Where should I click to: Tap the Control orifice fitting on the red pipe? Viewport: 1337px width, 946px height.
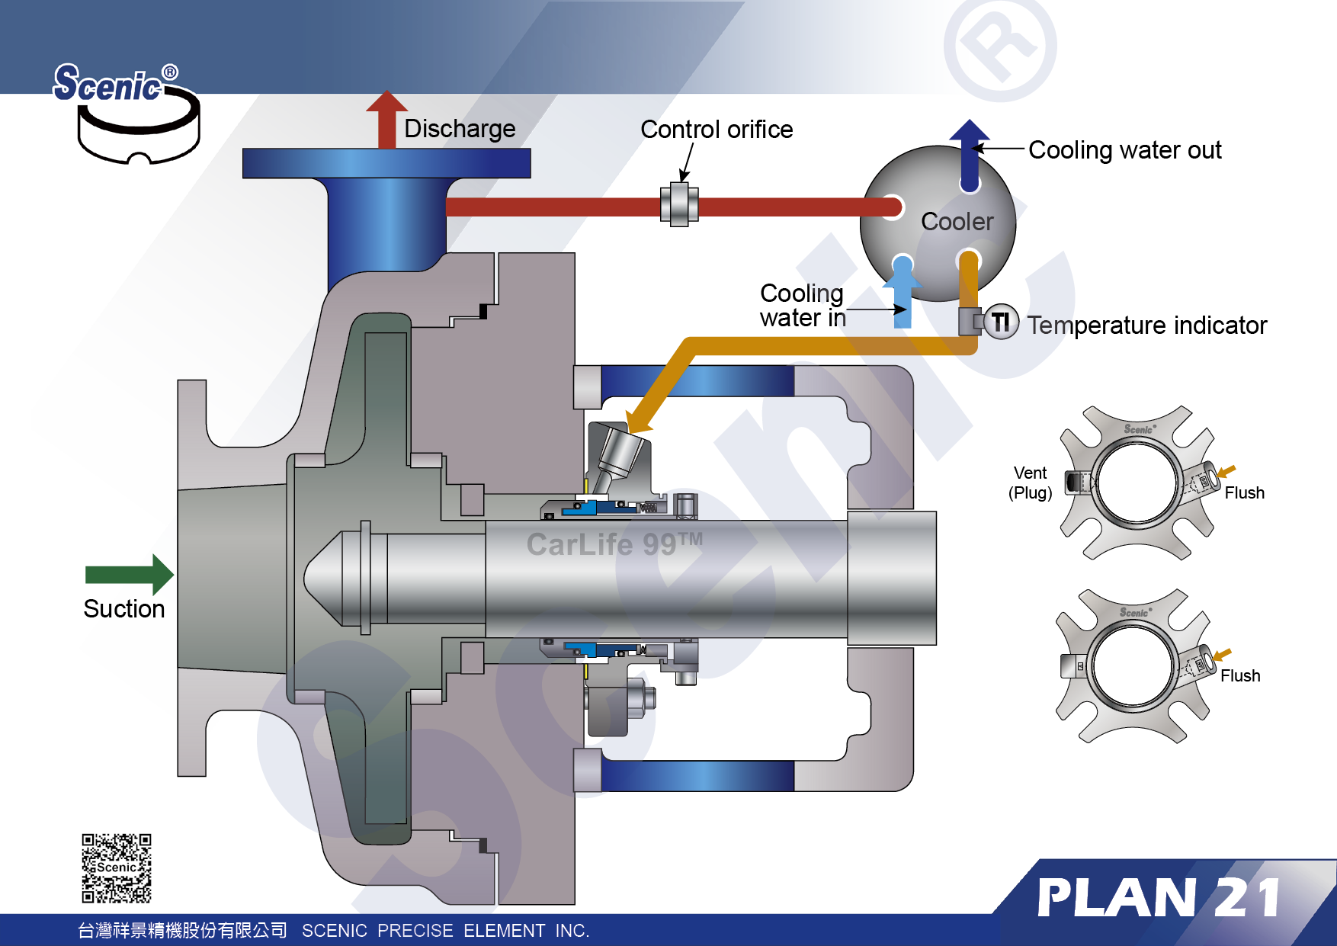(678, 204)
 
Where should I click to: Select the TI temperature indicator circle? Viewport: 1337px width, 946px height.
(1000, 322)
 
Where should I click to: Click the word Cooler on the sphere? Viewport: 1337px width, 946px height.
(957, 222)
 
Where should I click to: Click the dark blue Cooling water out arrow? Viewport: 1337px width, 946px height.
(970, 152)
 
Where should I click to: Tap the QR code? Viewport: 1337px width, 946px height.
(117, 867)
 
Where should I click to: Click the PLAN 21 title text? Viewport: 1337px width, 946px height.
(1158, 898)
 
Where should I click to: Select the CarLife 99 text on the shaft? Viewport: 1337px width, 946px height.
(614, 544)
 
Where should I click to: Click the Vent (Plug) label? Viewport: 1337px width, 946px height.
(1030, 483)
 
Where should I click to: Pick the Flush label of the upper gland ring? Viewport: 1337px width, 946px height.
(1244, 493)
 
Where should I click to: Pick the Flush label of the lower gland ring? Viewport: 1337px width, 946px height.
(1239, 676)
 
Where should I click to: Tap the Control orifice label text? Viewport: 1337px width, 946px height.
(717, 130)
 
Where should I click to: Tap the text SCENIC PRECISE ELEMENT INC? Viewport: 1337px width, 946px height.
(445, 931)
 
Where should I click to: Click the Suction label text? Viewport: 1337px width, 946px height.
(124, 609)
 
